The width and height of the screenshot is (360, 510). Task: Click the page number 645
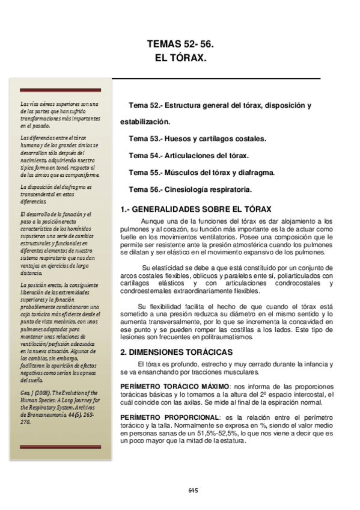point(193,490)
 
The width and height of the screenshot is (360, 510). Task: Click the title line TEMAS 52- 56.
point(180,45)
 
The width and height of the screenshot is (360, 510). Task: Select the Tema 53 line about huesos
point(197,138)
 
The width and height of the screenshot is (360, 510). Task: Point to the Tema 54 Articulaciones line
point(189,155)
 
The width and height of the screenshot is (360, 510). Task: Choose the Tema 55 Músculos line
point(201,172)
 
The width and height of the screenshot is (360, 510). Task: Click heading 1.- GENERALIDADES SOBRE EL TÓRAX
point(197,209)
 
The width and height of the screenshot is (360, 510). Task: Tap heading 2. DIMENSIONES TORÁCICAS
point(172,351)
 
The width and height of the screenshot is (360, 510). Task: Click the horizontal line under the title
point(217,78)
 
